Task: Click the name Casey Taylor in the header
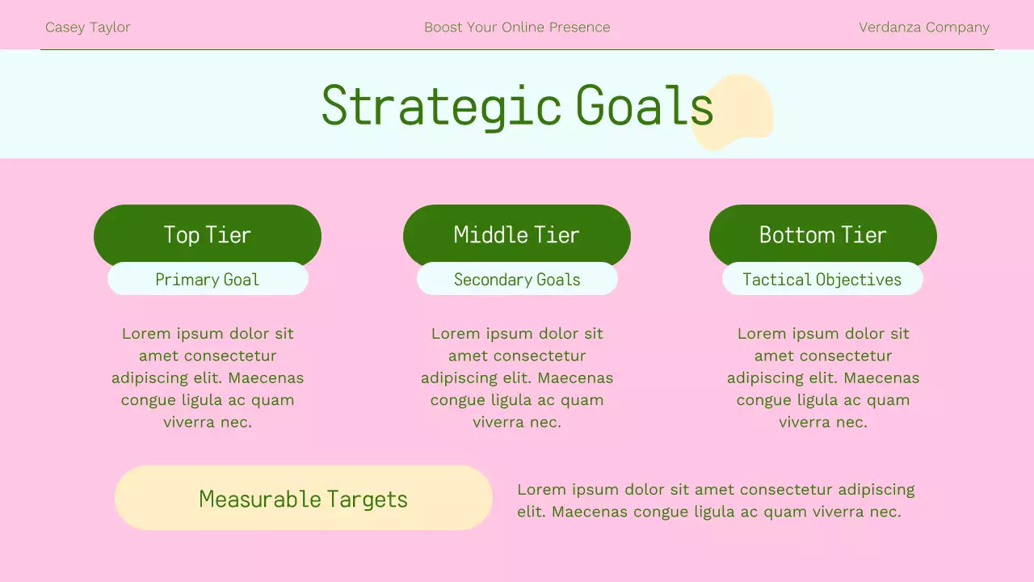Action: pyautogui.click(x=87, y=27)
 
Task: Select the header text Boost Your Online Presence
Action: pyautogui.click(x=517, y=27)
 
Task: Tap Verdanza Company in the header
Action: pyautogui.click(x=923, y=27)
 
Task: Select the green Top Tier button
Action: pyautogui.click(x=207, y=234)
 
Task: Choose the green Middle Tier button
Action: pyautogui.click(x=517, y=234)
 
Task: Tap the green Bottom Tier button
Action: pyautogui.click(x=822, y=234)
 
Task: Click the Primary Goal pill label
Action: pyautogui.click(x=208, y=280)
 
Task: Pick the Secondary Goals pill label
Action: pyautogui.click(x=517, y=280)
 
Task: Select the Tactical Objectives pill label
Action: pyautogui.click(x=822, y=280)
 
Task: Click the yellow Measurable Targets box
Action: pyautogui.click(x=303, y=498)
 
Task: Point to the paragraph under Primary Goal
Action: pyautogui.click(x=208, y=377)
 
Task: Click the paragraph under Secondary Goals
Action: pyautogui.click(x=517, y=377)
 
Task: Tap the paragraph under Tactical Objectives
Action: pyautogui.click(x=822, y=377)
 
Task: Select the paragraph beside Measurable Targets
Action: pyautogui.click(x=716, y=500)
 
